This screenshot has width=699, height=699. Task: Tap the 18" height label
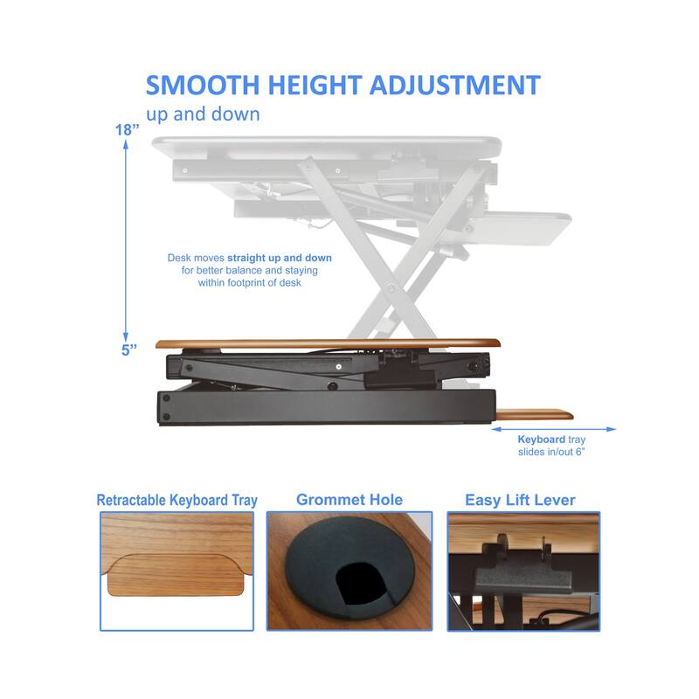click(x=127, y=129)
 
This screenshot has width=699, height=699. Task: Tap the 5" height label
click(x=129, y=350)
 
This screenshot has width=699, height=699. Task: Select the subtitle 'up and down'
click(x=203, y=114)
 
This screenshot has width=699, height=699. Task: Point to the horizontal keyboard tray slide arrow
click(x=554, y=429)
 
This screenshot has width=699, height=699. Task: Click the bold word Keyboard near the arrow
click(x=541, y=439)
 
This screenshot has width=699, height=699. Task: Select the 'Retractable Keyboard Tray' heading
click(x=176, y=501)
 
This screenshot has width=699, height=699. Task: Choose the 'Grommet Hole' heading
click(x=349, y=500)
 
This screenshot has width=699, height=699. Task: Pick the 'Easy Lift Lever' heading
click(x=520, y=501)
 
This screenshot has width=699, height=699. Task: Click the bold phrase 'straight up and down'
click(x=280, y=259)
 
